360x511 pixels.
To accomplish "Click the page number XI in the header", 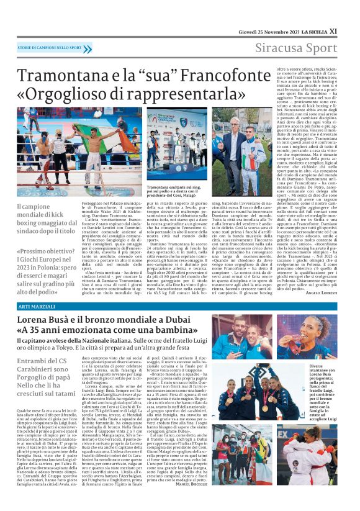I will click(x=351, y=30).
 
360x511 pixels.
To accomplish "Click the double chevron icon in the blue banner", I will click(x=87, y=48).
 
